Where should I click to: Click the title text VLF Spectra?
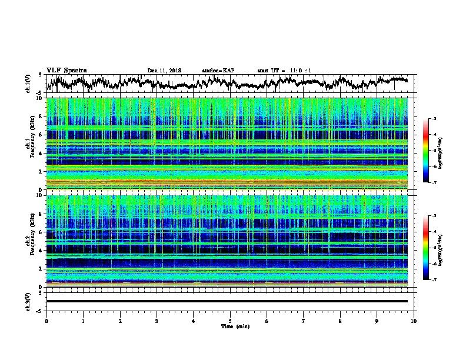(66, 70)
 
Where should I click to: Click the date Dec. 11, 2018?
(164, 71)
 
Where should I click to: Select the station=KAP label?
(218, 71)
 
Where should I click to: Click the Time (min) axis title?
(230, 326)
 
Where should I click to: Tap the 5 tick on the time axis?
(230, 321)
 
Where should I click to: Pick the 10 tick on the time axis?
(414, 321)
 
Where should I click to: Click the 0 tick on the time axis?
(46, 321)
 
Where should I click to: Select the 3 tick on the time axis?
(157, 321)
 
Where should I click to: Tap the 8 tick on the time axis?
(340, 321)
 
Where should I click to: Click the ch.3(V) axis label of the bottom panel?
(29, 301)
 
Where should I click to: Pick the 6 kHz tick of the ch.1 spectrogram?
(41, 135)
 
